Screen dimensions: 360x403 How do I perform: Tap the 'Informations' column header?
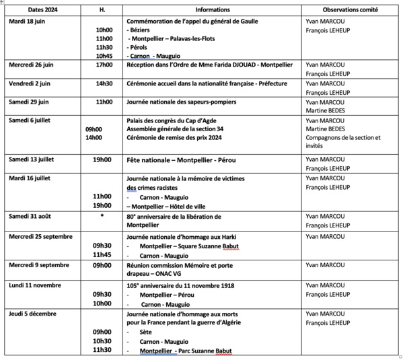(x=212, y=10)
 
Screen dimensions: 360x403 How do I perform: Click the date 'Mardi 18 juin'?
(x=28, y=21)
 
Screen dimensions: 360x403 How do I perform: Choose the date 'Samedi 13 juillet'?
(x=33, y=159)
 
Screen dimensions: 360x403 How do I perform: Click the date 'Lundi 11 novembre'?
(x=34, y=285)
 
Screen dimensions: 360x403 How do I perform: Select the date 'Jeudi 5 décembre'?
(x=32, y=313)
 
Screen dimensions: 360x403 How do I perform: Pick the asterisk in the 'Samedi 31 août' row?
(x=102, y=216)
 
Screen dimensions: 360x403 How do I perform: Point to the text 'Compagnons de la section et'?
(x=342, y=138)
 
